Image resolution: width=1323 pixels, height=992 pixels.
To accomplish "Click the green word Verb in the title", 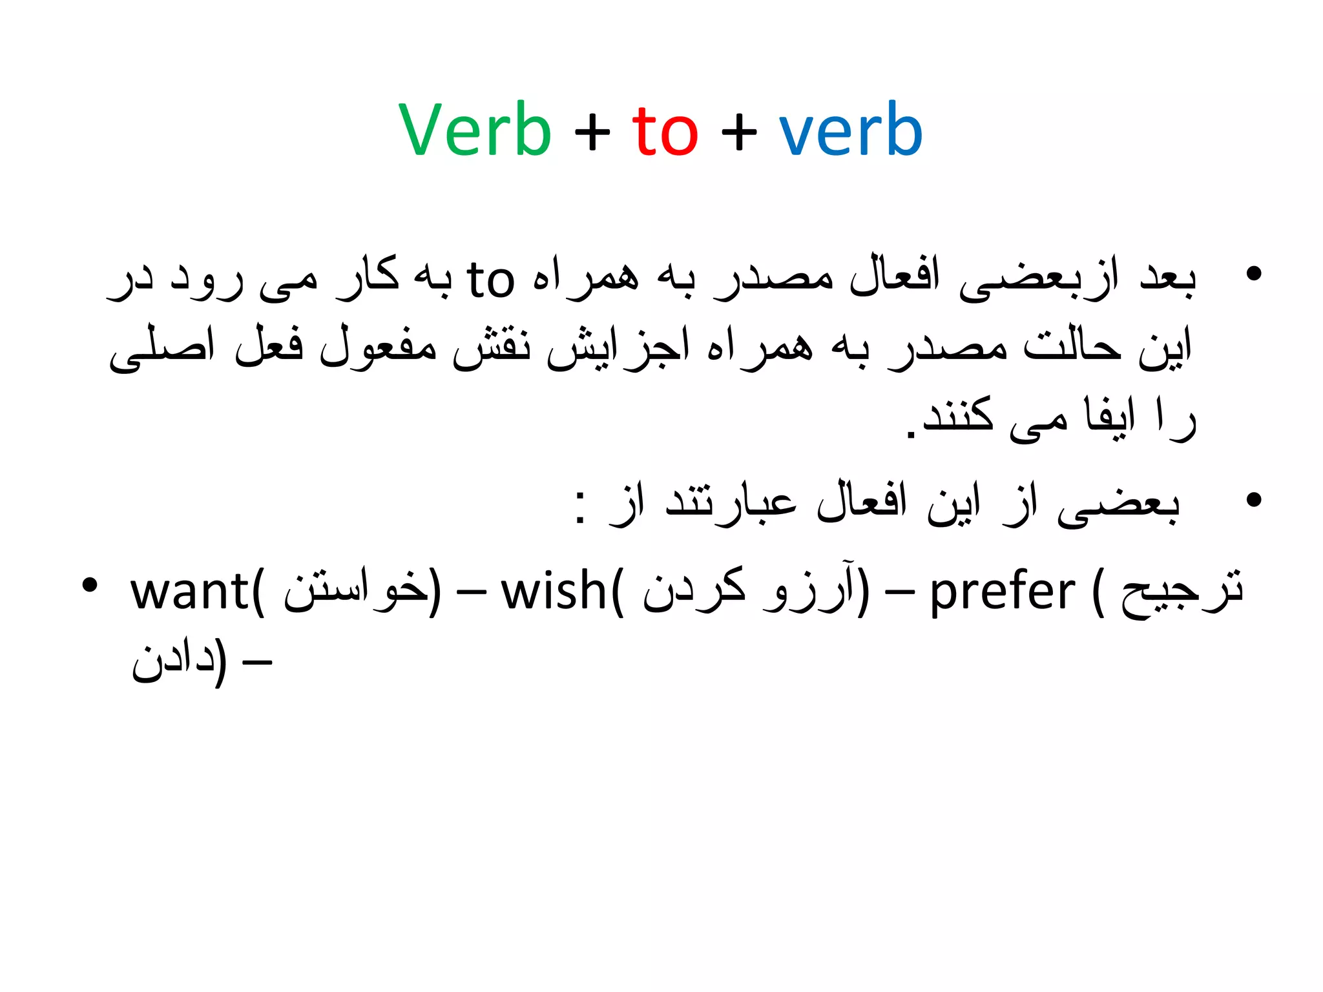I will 475,130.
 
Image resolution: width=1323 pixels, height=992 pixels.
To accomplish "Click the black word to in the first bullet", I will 490,280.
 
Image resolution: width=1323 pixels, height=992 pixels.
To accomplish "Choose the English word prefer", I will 1002,593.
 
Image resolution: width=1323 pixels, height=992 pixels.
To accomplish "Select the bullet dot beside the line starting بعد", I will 1253,274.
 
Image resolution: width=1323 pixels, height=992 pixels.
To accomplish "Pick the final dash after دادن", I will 256,663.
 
